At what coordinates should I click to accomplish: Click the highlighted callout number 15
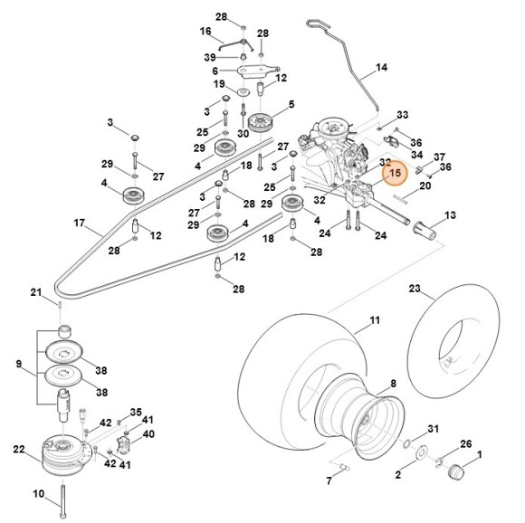coord(395,172)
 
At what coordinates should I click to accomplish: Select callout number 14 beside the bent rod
coord(381,68)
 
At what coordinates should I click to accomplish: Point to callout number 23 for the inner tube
coord(415,290)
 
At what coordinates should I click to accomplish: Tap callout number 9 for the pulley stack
coord(18,364)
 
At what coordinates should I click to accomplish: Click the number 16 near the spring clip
coord(205,31)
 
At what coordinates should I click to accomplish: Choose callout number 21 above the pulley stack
coord(36,291)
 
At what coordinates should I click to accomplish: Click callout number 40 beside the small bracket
coord(149,433)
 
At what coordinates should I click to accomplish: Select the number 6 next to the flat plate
coord(215,71)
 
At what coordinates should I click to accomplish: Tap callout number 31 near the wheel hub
coord(433,429)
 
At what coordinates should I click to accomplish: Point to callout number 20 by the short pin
coord(425,186)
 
